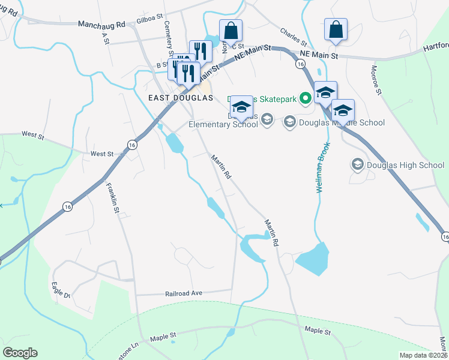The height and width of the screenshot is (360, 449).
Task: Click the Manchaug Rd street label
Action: pyautogui.click(x=101, y=25)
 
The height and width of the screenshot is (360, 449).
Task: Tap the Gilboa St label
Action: pyautogui.click(x=133, y=20)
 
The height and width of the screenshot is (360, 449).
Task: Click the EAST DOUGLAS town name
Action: pyautogui.click(x=181, y=97)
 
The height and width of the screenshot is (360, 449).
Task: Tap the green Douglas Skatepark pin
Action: pyautogui.click(x=305, y=97)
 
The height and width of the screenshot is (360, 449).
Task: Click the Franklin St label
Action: pyautogui.click(x=112, y=198)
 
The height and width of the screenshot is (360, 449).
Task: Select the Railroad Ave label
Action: pyautogui.click(x=184, y=293)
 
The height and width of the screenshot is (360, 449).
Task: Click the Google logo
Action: pyautogui.click(x=20, y=353)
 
